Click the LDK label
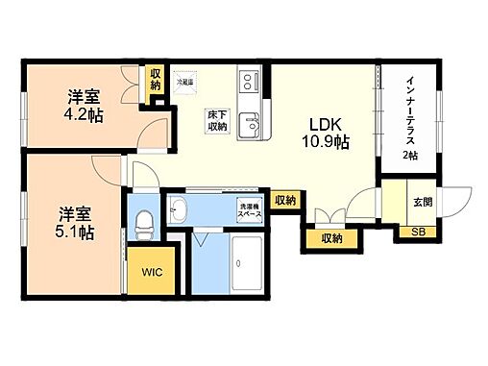tap(323, 124)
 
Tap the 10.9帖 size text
tap(323, 141)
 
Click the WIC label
tap(153, 273)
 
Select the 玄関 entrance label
tap(423, 203)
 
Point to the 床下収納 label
tap(216, 122)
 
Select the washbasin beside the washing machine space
tap(179, 209)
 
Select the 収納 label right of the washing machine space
tap(284, 200)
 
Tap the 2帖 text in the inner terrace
tap(411, 155)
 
